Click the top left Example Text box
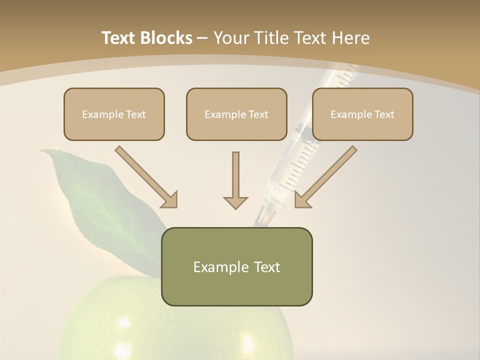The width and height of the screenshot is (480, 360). pos(114,114)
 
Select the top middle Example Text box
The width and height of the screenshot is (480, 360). pos(236,114)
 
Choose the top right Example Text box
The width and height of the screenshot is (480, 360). pos(362,114)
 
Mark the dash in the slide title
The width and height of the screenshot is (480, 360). pos(202,38)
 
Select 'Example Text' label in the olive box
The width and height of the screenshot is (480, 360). pos(236,267)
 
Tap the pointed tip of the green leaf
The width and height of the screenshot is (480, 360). pos(41,151)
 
